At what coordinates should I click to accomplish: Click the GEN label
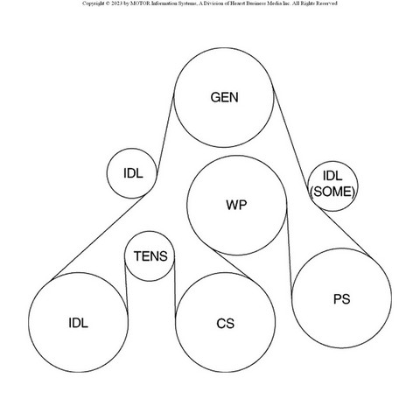coord(224,97)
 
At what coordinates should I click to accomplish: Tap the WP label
coord(236,205)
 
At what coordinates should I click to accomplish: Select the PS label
coord(341,299)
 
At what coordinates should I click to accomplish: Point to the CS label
coord(225,324)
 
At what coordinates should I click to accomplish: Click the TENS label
coord(150,256)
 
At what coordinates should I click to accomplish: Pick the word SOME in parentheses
coord(332,192)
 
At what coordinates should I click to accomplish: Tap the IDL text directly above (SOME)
coord(332,176)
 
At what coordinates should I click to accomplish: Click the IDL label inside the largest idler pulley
coord(78,323)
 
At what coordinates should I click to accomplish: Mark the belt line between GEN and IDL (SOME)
coord(290,137)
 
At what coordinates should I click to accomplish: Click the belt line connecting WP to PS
coord(289,251)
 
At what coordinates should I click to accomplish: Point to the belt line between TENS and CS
coord(175,287)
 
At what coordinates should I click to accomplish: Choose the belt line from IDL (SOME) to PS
coord(344,233)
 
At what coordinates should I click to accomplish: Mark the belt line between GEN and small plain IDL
coord(165,134)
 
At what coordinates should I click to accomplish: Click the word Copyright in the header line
coord(93,3)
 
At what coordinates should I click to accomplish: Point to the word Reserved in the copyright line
coord(326,3)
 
